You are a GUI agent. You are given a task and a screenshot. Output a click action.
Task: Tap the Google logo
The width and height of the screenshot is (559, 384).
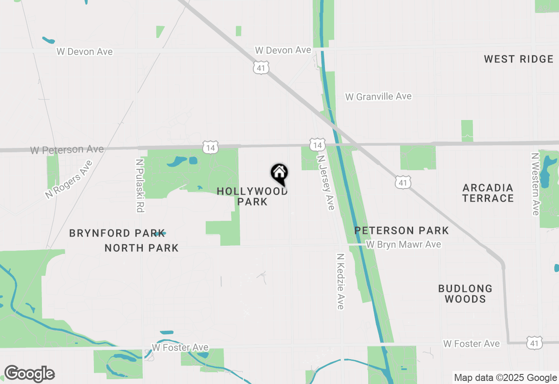29,374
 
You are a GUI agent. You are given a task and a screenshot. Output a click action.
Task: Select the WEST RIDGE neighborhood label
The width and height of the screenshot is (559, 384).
518,59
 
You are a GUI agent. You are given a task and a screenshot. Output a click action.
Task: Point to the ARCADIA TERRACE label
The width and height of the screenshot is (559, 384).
488,193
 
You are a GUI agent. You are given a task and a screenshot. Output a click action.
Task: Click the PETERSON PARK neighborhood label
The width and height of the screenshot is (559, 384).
401,230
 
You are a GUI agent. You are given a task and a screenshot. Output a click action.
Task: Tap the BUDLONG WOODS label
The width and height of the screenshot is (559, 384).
465,294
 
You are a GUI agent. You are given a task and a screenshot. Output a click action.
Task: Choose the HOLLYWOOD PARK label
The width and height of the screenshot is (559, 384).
252,196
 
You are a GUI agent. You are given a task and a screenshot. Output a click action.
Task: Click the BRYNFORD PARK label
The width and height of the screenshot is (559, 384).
117,233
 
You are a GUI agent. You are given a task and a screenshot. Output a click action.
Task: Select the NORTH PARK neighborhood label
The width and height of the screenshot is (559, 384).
141,248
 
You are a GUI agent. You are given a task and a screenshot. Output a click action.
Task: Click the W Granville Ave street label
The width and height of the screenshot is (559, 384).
378,96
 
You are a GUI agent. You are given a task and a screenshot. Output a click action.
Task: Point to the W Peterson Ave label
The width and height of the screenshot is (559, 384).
67,150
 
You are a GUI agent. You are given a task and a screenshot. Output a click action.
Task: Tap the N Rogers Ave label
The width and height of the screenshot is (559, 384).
69,180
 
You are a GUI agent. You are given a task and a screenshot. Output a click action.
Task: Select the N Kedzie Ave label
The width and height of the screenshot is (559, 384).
341,281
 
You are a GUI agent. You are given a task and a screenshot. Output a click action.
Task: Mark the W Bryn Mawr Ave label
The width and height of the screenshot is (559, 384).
403,244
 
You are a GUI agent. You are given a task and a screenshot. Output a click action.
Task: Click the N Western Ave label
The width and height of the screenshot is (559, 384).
535,184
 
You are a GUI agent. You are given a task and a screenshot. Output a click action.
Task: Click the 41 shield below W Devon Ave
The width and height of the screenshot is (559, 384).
261,68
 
